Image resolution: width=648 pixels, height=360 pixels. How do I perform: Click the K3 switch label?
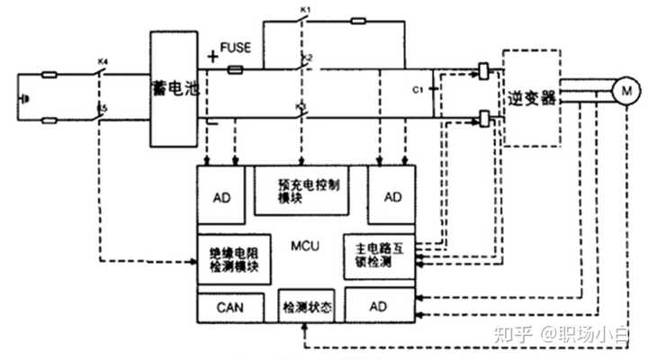click(x=301, y=107)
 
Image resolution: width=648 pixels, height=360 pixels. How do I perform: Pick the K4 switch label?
click(x=102, y=62)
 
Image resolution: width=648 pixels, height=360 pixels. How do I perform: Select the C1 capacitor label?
click(x=416, y=90)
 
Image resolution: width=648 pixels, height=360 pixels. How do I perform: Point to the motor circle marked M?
click(x=624, y=91)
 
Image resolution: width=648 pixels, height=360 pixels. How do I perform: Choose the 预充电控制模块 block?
click(x=300, y=190)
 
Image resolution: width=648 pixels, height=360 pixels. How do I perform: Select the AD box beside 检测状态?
click(x=382, y=307)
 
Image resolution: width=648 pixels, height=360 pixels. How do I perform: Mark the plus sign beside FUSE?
click(x=212, y=56)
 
